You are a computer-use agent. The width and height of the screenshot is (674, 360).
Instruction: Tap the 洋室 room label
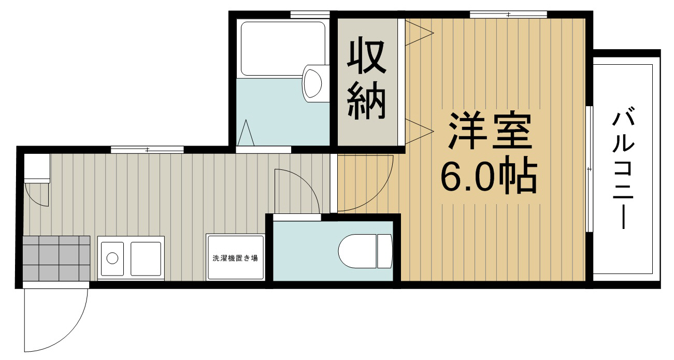point(489,131)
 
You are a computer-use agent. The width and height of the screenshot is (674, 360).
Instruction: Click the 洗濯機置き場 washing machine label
point(235,258)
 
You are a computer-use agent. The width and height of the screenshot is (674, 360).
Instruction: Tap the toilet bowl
point(357,251)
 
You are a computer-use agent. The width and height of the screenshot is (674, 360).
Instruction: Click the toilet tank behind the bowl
point(385,251)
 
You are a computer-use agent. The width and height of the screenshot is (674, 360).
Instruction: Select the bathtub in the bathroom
point(283,49)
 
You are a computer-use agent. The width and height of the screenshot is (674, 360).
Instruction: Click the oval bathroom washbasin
point(312,83)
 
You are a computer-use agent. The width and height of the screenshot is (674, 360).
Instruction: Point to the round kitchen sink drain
point(112,258)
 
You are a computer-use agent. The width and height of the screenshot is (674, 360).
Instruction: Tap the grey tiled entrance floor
point(56,258)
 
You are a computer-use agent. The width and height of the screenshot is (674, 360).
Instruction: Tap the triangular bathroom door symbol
point(246,133)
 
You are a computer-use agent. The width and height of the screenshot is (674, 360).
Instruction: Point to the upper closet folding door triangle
point(420,33)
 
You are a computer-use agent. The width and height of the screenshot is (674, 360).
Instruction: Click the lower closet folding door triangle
point(420,132)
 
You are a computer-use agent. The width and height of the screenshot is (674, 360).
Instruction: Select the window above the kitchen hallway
point(147,150)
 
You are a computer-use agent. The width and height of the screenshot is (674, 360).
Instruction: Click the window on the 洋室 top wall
point(508,14)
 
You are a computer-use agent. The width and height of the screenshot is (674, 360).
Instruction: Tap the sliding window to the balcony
point(590,169)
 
